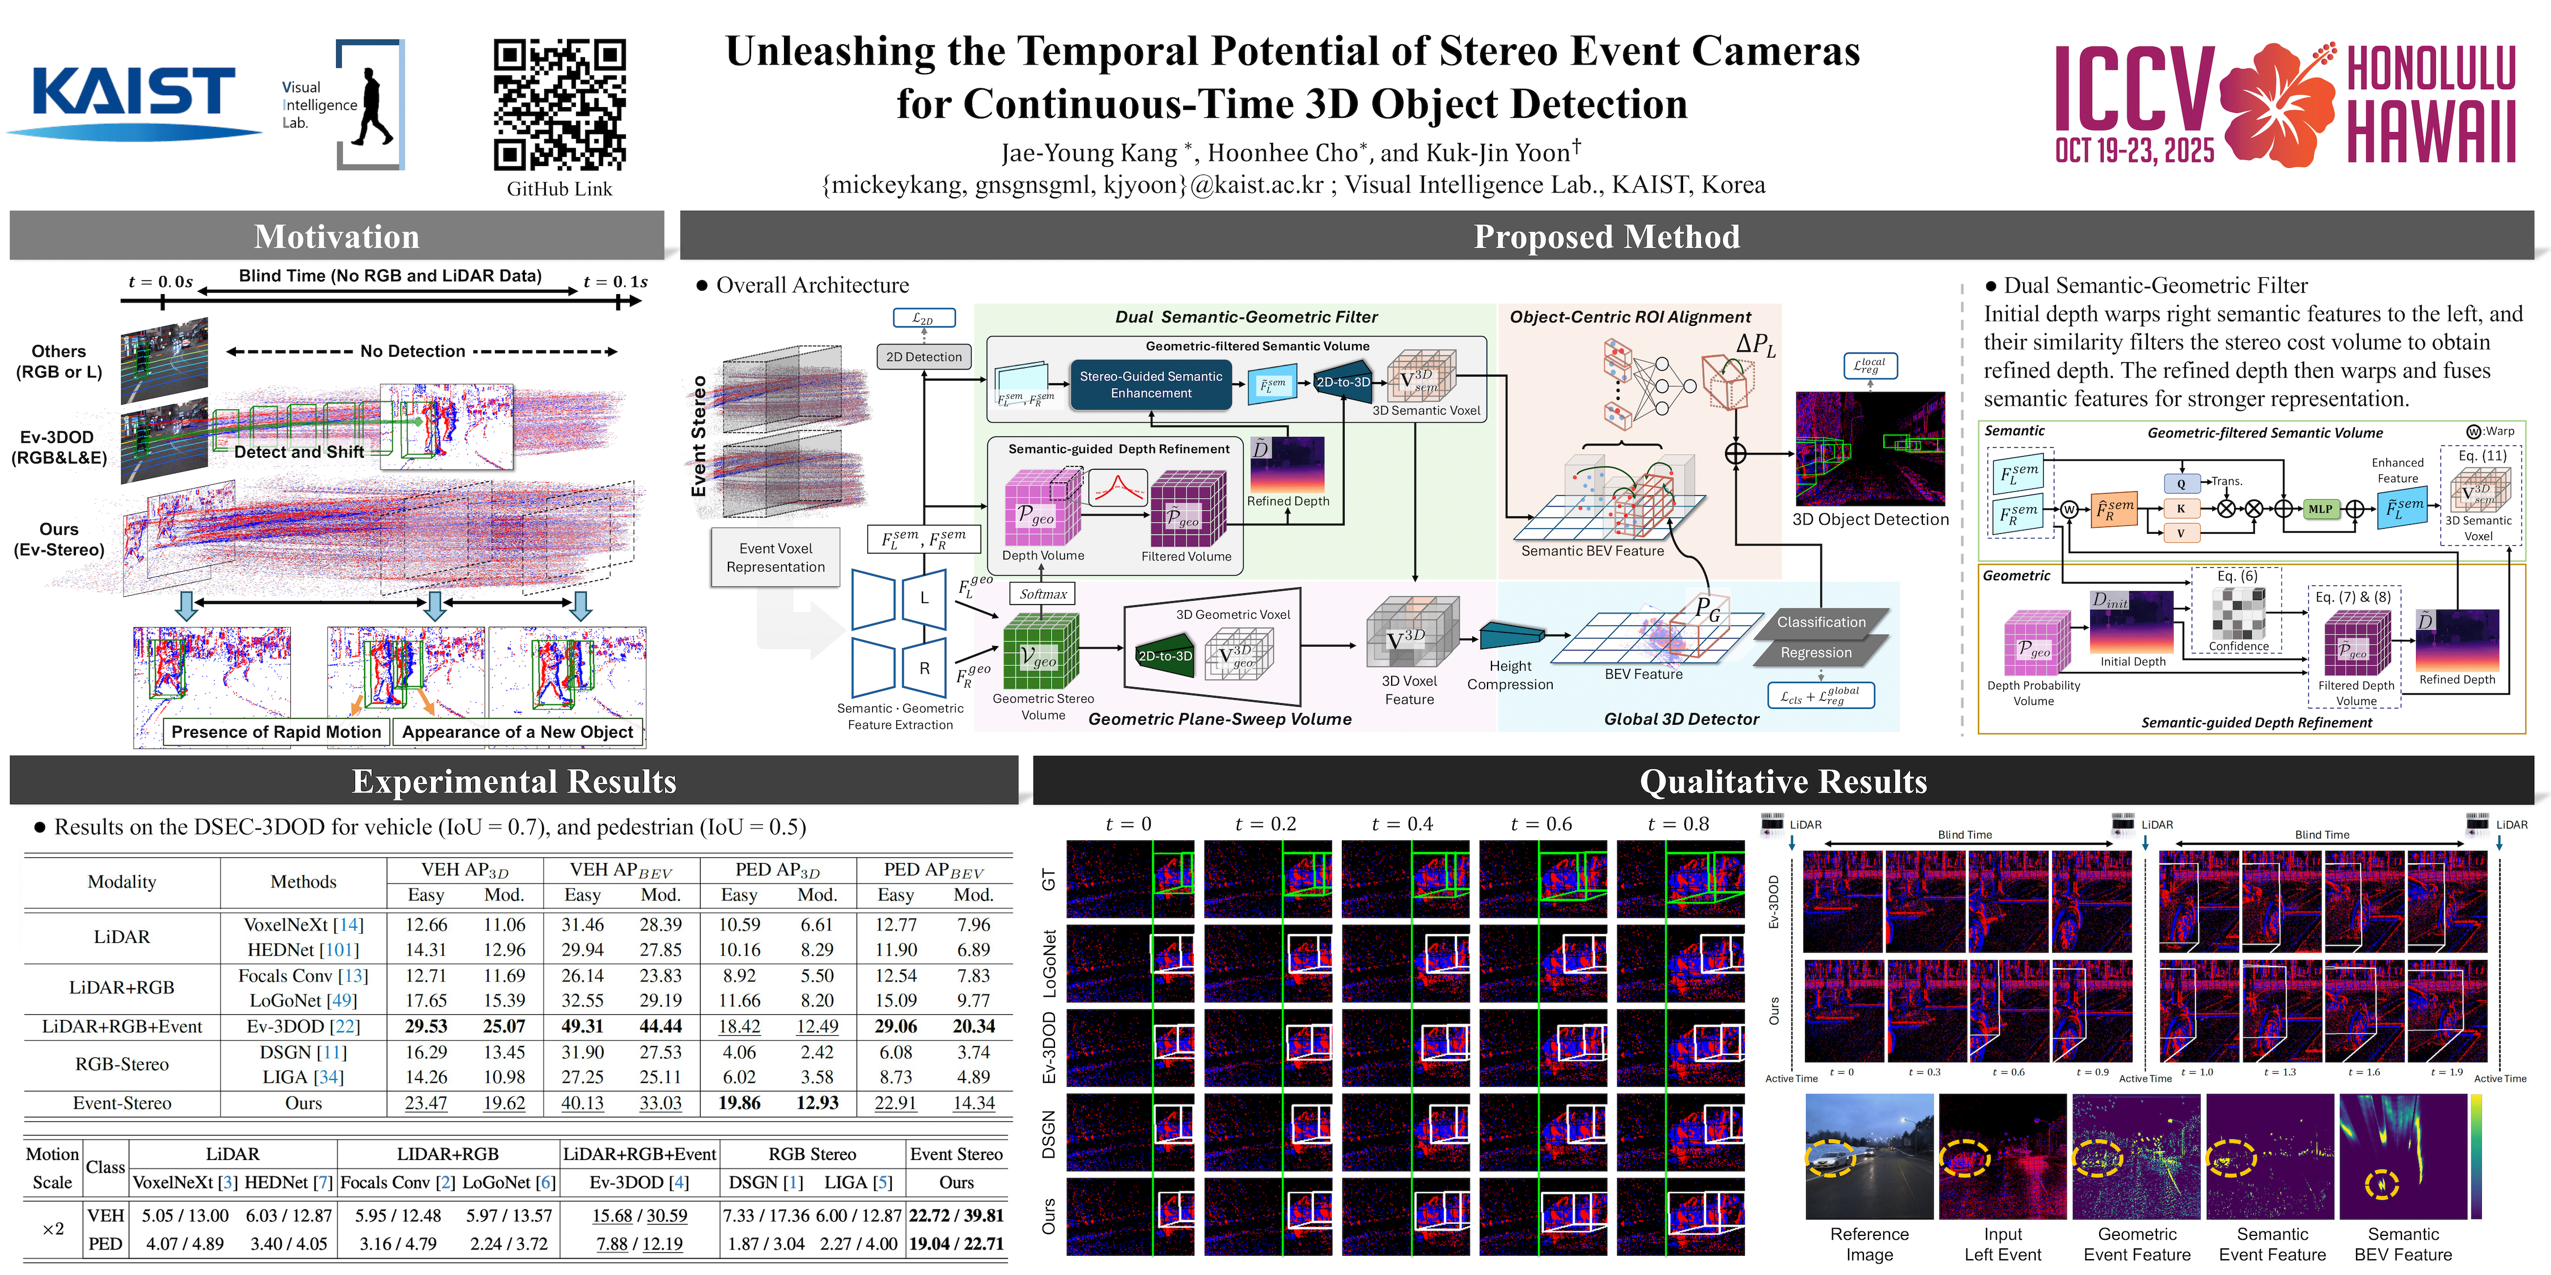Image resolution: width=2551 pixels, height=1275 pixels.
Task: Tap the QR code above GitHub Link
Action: point(560,104)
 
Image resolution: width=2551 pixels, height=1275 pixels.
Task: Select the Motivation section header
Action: point(337,237)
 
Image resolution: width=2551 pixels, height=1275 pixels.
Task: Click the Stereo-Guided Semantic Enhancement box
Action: point(1151,384)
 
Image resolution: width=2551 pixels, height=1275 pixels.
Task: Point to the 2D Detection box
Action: point(923,356)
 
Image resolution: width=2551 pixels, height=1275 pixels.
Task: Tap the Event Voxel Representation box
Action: point(776,558)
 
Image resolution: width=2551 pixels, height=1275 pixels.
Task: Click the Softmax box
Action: point(1043,594)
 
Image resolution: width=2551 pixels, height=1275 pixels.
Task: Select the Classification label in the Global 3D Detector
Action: point(1820,622)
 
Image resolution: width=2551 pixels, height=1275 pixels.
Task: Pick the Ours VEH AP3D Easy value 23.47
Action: point(426,1103)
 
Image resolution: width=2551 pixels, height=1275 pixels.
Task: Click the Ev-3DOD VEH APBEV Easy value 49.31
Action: point(582,1027)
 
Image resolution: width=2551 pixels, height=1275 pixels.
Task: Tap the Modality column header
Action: point(122,881)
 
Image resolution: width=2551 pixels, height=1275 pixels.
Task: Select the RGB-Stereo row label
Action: point(122,1064)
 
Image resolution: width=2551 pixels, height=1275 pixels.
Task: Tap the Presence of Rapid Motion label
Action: point(276,732)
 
